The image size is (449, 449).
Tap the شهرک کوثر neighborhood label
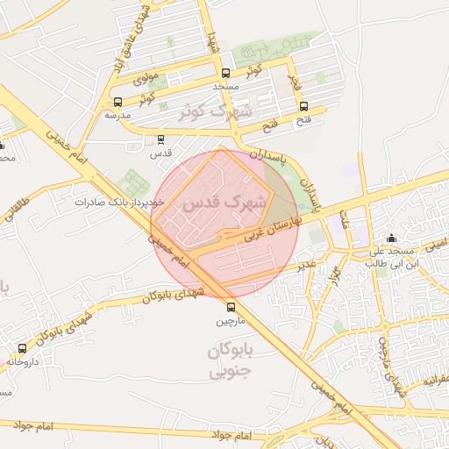214,112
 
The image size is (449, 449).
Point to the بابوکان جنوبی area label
231,361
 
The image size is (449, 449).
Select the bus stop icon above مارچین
232,307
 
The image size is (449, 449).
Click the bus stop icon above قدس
160,139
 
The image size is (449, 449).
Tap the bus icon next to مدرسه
118,102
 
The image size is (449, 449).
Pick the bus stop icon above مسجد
226,74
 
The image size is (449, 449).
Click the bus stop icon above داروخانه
22,348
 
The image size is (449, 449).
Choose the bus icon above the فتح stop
303,106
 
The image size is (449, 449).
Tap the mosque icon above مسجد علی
391,238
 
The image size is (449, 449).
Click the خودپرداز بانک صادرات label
108,202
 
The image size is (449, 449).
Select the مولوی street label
146,78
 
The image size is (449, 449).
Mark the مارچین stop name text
232,322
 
